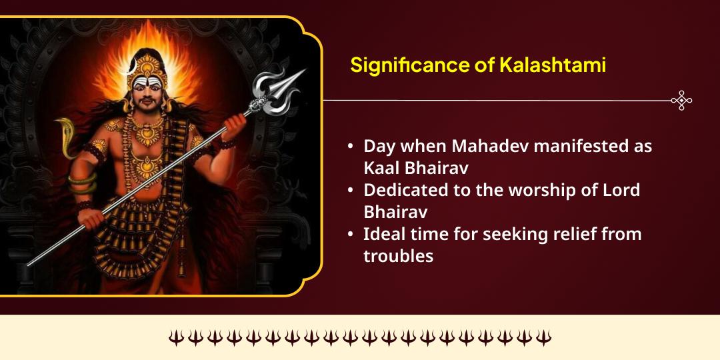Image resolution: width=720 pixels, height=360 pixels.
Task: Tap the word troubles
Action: point(398,255)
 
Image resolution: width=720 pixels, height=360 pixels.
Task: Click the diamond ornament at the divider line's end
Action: point(681,101)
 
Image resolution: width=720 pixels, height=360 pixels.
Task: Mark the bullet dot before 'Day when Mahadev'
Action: point(351,147)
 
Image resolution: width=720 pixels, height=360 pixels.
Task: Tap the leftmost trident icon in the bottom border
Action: point(176,338)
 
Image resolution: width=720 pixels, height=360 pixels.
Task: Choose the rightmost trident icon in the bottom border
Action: point(544,338)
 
